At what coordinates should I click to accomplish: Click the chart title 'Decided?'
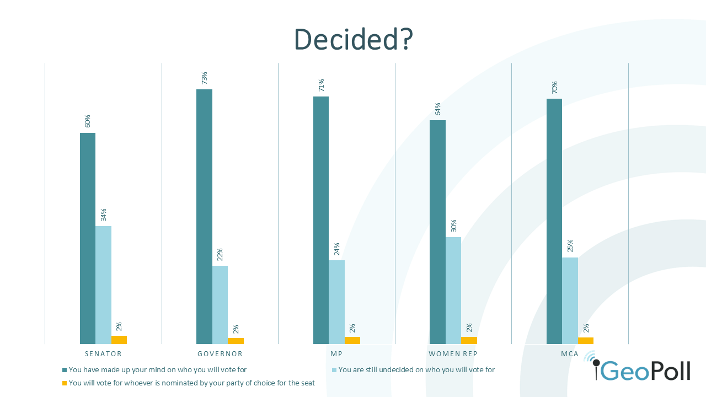(353, 40)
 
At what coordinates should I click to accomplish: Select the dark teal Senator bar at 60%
(88, 238)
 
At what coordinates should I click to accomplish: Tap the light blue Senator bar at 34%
(103, 285)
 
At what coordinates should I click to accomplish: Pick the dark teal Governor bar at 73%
(204, 217)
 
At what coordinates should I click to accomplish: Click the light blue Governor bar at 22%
(220, 304)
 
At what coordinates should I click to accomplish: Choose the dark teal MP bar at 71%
(321, 220)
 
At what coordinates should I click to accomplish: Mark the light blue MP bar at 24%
(336, 302)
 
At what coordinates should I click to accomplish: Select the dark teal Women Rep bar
(437, 232)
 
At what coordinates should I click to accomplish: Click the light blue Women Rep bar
(453, 290)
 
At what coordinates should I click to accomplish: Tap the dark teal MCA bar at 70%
(554, 221)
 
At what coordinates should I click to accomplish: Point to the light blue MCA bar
(570, 301)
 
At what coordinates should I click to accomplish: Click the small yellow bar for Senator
(119, 340)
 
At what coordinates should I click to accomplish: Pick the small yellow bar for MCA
(586, 341)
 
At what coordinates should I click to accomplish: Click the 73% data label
(204, 78)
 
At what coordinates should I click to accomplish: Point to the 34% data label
(103, 214)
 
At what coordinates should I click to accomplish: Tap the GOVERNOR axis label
(220, 354)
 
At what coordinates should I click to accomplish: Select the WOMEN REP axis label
(453, 354)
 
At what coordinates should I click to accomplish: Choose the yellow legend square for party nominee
(65, 383)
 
